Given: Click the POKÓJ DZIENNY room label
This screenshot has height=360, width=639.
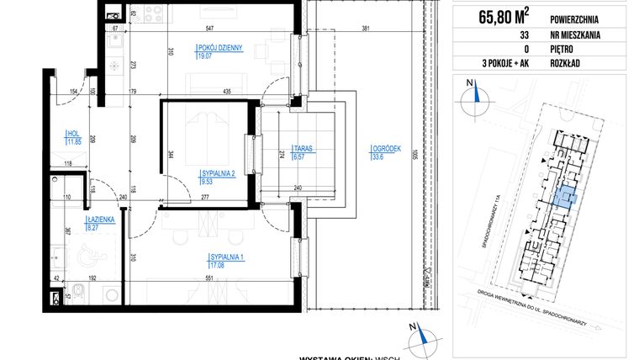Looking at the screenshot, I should [220, 49].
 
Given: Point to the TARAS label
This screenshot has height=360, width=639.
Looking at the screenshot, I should [302, 147].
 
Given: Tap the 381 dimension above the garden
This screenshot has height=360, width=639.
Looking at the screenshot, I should [365, 29].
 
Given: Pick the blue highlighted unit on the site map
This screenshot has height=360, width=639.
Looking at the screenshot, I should [561, 196].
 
